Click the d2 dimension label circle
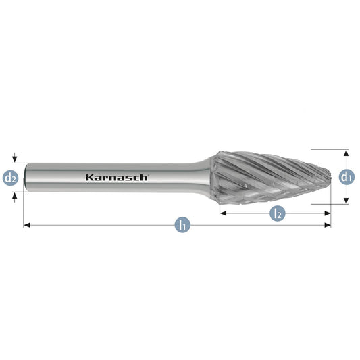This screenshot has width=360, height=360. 10,178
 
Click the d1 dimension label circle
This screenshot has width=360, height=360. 346,177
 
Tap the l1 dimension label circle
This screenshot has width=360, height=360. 182,225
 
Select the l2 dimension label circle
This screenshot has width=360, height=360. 278,213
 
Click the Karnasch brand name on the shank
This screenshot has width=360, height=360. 118,178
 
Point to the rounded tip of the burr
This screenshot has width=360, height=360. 330,177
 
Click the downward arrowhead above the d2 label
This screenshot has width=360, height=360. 15,159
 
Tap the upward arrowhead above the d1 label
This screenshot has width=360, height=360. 346,153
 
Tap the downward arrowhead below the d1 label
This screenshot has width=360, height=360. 346,201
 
